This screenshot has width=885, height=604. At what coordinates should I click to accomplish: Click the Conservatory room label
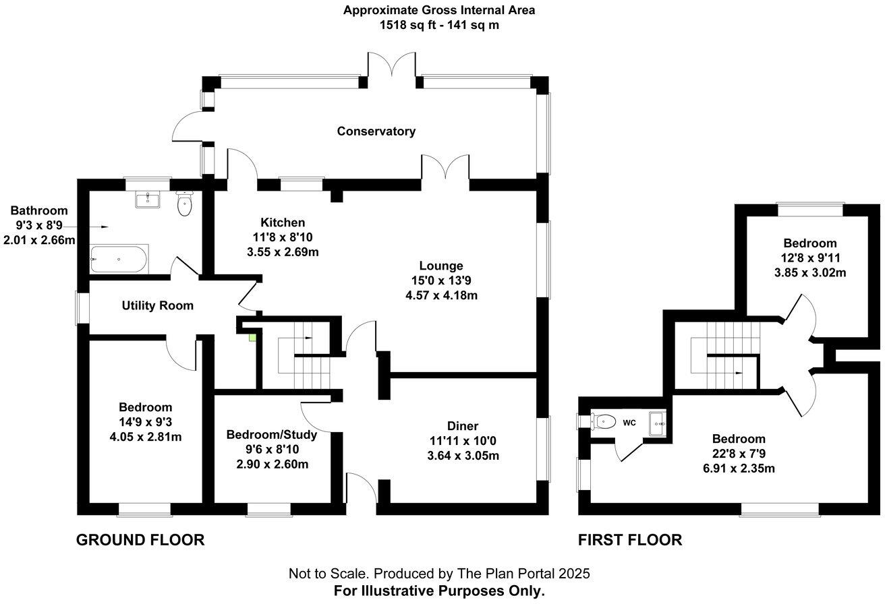(x=376, y=131)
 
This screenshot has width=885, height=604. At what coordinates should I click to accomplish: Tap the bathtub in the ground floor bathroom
(x=119, y=258)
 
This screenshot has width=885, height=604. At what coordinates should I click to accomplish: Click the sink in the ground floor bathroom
(x=146, y=199)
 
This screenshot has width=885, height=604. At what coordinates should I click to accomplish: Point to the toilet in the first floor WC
(x=604, y=422)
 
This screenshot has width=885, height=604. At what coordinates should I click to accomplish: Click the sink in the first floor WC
(x=657, y=423)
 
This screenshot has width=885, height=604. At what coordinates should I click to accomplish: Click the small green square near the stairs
(x=252, y=336)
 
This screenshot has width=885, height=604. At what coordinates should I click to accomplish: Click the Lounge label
(x=440, y=266)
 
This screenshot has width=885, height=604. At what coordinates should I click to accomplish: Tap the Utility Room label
(x=157, y=305)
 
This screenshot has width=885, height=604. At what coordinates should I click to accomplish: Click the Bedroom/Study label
(x=272, y=435)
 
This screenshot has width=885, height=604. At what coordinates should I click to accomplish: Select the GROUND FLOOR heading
(x=140, y=540)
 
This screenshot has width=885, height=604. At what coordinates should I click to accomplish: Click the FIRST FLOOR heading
(x=630, y=540)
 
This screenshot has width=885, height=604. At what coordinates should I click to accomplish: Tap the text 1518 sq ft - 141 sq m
(x=439, y=26)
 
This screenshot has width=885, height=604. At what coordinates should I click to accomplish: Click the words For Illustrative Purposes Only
(x=439, y=591)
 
